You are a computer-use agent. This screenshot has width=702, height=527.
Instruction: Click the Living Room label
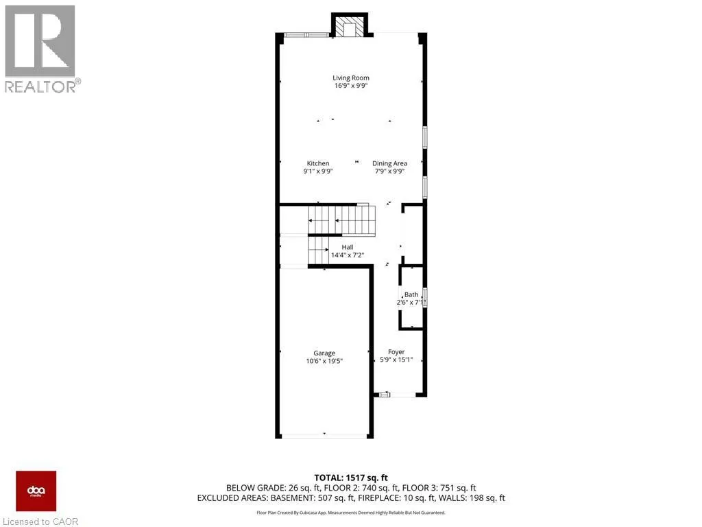click(x=351, y=78)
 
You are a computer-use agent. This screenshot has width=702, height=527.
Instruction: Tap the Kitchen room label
click(x=318, y=163)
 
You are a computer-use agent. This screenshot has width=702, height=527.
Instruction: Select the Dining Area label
click(x=389, y=163)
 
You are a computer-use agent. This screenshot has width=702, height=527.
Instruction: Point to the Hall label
click(x=348, y=247)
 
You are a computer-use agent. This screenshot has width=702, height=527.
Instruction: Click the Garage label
click(x=324, y=353)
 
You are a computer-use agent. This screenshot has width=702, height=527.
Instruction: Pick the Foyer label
click(x=396, y=352)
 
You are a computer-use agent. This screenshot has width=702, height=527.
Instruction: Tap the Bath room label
click(x=411, y=294)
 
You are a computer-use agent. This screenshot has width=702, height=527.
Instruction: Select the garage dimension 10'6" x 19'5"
click(x=324, y=361)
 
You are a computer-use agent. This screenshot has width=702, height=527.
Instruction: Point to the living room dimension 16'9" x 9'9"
click(x=351, y=86)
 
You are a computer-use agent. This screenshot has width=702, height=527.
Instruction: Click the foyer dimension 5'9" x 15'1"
click(x=396, y=360)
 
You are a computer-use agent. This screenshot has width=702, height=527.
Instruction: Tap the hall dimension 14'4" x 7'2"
click(x=348, y=255)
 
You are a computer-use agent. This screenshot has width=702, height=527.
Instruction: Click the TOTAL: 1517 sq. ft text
click(x=350, y=478)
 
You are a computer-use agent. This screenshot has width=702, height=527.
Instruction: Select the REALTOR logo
click(x=41, y=48)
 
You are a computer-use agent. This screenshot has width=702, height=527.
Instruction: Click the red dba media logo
click(x=36, y=491)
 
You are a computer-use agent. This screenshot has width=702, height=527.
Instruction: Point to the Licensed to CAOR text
click(x=40, y=521)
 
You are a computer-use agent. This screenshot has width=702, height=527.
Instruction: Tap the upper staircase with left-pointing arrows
click(x=341, y=221)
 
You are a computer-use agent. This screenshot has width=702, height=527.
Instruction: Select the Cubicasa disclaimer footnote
click(x=350, y=512)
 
